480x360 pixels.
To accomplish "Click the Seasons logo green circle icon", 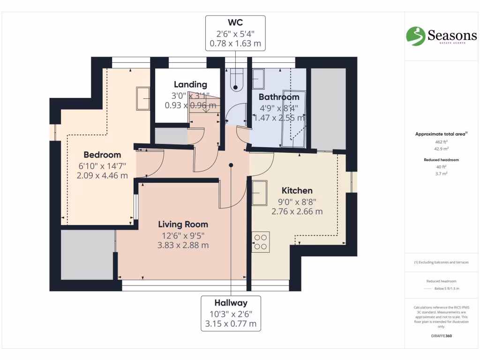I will [x=415, y=36].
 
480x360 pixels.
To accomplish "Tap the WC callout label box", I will [x=235, y=33].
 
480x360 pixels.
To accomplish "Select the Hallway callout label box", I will [x=231, y=313].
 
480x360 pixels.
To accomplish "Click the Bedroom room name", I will [x=102, y=155].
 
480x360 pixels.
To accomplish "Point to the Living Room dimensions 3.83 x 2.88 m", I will [x=183, y=245].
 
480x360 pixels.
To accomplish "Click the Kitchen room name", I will [x=297, y=190].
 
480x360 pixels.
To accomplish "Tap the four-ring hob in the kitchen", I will [x=261, y=242].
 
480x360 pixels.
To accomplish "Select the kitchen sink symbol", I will [x=260, y=193].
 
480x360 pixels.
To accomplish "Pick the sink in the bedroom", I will [x=142, y=98].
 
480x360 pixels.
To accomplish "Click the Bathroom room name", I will [x=279, y=97].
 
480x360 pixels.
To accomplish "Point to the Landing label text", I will [x=190, y=84].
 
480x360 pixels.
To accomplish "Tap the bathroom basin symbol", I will [x=258, y=79].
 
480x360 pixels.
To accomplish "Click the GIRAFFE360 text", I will [x=441, y=336].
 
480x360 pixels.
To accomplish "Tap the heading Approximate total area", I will [x=441, y=134].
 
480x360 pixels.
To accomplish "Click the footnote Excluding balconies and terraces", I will [x=441, y=262].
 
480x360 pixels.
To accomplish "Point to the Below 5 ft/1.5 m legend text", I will [x=447, y=288].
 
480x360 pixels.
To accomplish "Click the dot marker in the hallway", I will [x=231, y=165].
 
